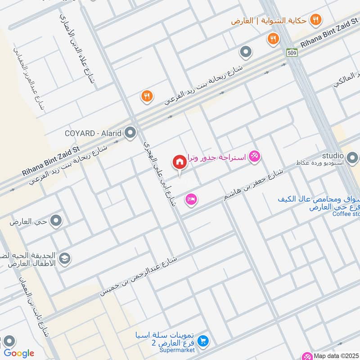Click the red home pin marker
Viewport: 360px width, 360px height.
(179, 162)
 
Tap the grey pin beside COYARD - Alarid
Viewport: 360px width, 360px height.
(130, 133)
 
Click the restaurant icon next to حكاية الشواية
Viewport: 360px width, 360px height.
(316, 20)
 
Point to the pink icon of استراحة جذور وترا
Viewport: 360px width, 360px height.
(255, 157)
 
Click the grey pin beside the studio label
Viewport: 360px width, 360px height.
(352, 158)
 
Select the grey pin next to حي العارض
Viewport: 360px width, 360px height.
(56, 221)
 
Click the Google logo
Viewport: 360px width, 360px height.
(19, 353)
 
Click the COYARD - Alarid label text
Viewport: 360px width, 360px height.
(94, 133)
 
